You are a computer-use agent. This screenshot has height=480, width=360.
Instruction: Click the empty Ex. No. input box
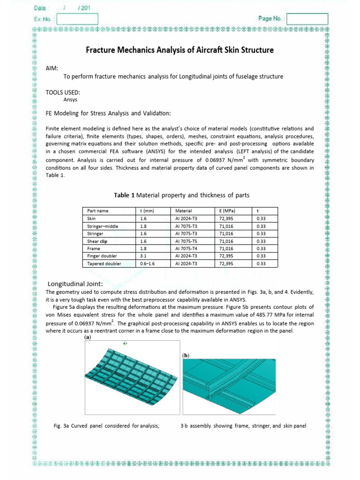(77, 19)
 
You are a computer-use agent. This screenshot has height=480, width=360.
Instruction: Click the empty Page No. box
(307, 19)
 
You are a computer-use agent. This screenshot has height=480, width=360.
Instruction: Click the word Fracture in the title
(102, 50)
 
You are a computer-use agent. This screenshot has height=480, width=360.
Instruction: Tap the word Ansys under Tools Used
(70, 99)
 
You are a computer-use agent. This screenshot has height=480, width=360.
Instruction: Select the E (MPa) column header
(227, 211)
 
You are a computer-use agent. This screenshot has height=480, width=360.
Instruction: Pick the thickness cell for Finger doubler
(143, 256)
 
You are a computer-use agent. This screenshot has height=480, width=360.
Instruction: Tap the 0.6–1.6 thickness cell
(147, 263)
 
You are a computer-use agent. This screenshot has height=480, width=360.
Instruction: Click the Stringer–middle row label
(103, 226)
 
